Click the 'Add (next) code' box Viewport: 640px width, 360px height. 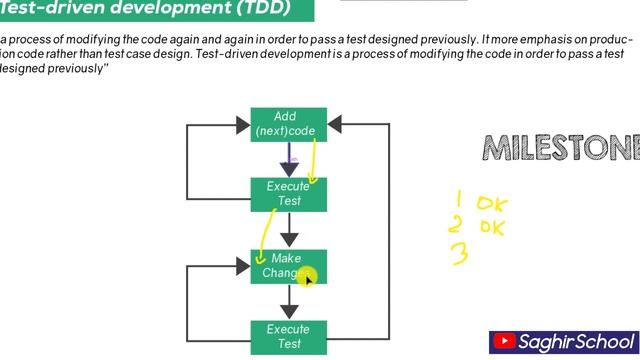click(x=288, y=124)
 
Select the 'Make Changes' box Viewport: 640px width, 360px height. click(x=288, y=266)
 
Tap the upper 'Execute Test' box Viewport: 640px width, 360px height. click(x=288, y=194)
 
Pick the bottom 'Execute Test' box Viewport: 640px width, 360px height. click(x=288, y=336)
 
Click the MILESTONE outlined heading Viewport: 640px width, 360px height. click(x=561, y=148)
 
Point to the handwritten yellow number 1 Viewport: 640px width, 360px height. click(x=459, y=199)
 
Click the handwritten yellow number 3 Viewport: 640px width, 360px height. click(x=460, y=254)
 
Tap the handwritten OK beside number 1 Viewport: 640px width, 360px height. click(x=491, y=204)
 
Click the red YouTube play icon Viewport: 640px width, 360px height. click(x=505, y=342)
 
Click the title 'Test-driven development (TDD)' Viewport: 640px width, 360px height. click(x=145, y=9)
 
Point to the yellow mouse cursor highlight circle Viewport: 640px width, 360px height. click(x=306, y=276)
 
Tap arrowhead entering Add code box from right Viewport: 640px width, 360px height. click(x=335, y=125)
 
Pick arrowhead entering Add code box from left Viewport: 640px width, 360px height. click(x=242, y=125)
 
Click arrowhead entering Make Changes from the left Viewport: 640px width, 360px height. click(x=242, y=266)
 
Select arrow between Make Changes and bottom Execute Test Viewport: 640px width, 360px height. click(x=289, y=303)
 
